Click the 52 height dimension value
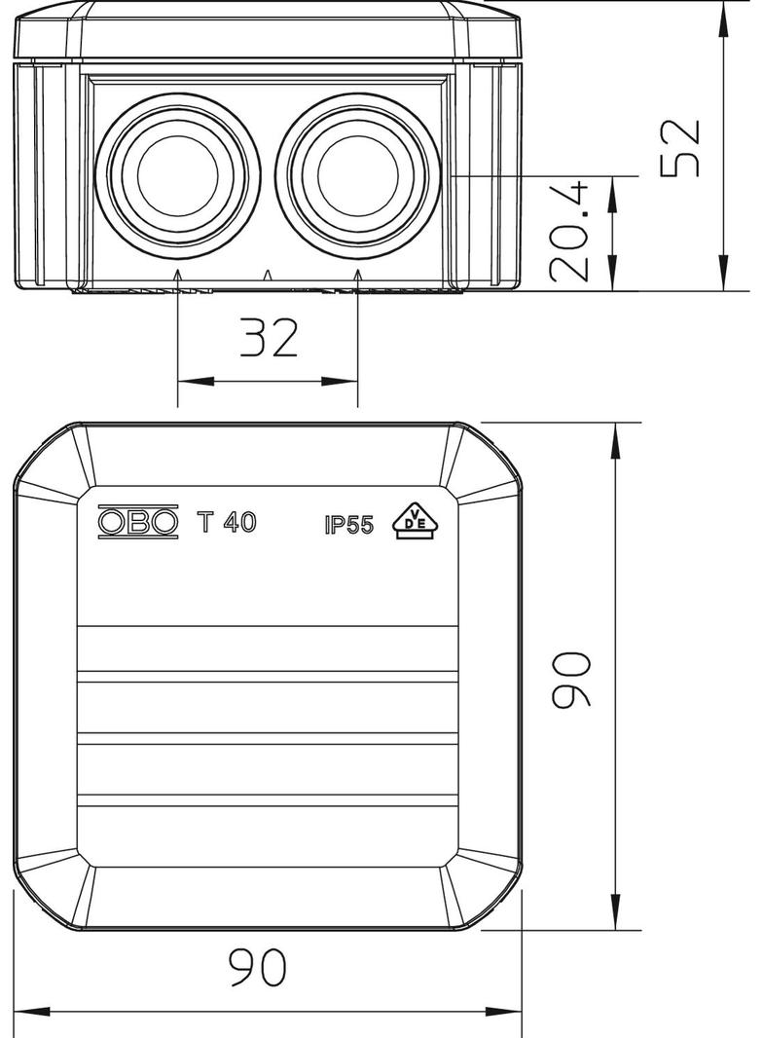point(680,148)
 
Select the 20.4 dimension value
point(570,232)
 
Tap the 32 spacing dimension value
point(268,338)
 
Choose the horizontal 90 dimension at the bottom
point(258,967)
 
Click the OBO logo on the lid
point(138,523)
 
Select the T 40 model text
point(227,523)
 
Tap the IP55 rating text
point(349,525)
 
